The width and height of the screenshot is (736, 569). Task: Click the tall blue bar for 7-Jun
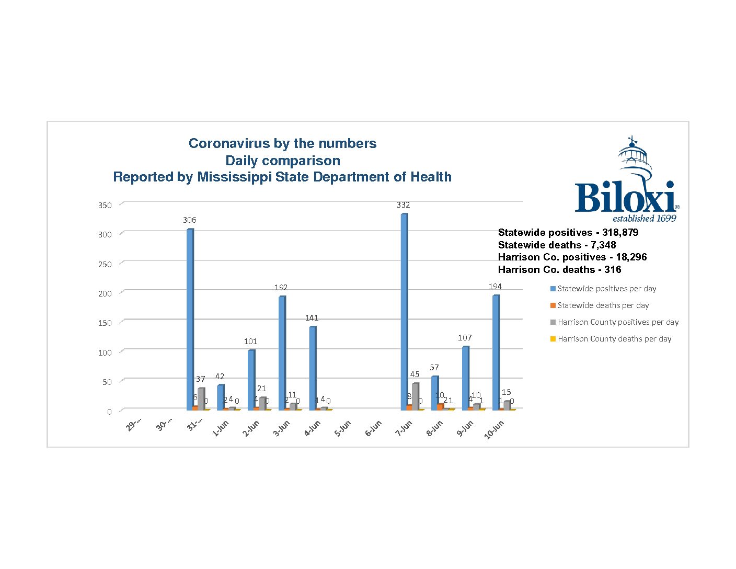point(404,311)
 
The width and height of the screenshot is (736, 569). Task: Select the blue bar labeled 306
point(190,319)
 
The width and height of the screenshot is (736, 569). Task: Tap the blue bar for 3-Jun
point(282,353)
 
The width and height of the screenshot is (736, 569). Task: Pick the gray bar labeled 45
point(415,396)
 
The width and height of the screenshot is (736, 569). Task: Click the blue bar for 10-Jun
point(496,352)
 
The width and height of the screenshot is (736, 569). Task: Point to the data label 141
point(312,318)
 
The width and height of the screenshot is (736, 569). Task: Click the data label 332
point(403,205)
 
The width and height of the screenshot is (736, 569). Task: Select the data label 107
point(465,338)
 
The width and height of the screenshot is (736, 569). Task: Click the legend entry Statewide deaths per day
point(603,305)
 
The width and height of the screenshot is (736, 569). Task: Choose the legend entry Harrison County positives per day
point(618,322)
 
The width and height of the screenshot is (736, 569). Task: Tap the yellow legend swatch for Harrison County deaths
point(553,339)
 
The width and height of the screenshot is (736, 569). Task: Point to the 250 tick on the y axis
point(105,264)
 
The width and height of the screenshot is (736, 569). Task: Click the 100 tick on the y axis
point(105,352)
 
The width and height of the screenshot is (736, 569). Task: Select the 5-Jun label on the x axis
point(343,428)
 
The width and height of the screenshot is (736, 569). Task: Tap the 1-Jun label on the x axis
point(221,428)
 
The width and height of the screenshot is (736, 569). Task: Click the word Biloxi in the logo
point(625,198)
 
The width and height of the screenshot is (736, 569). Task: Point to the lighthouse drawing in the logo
point(634,157)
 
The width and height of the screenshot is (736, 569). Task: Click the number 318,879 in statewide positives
point(620,233)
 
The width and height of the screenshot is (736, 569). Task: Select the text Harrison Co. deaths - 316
point(559,270)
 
